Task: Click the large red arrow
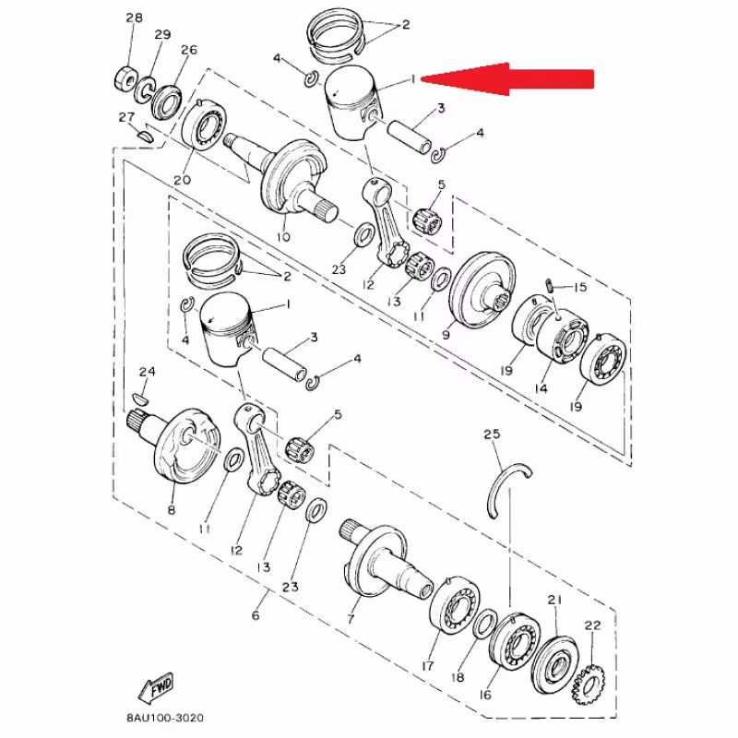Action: click(517, 78)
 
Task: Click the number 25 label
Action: click(491, 434)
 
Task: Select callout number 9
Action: click(446, 336)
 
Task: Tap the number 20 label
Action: click(182, 180)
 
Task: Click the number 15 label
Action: click(581, 288)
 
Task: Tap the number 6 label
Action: click(256, 615)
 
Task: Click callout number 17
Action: click(428, 664)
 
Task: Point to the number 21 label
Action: click(555, 601)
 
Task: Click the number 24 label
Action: click(146, 372)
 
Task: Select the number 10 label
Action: click(282, 237)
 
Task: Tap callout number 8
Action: click(172, 510)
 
